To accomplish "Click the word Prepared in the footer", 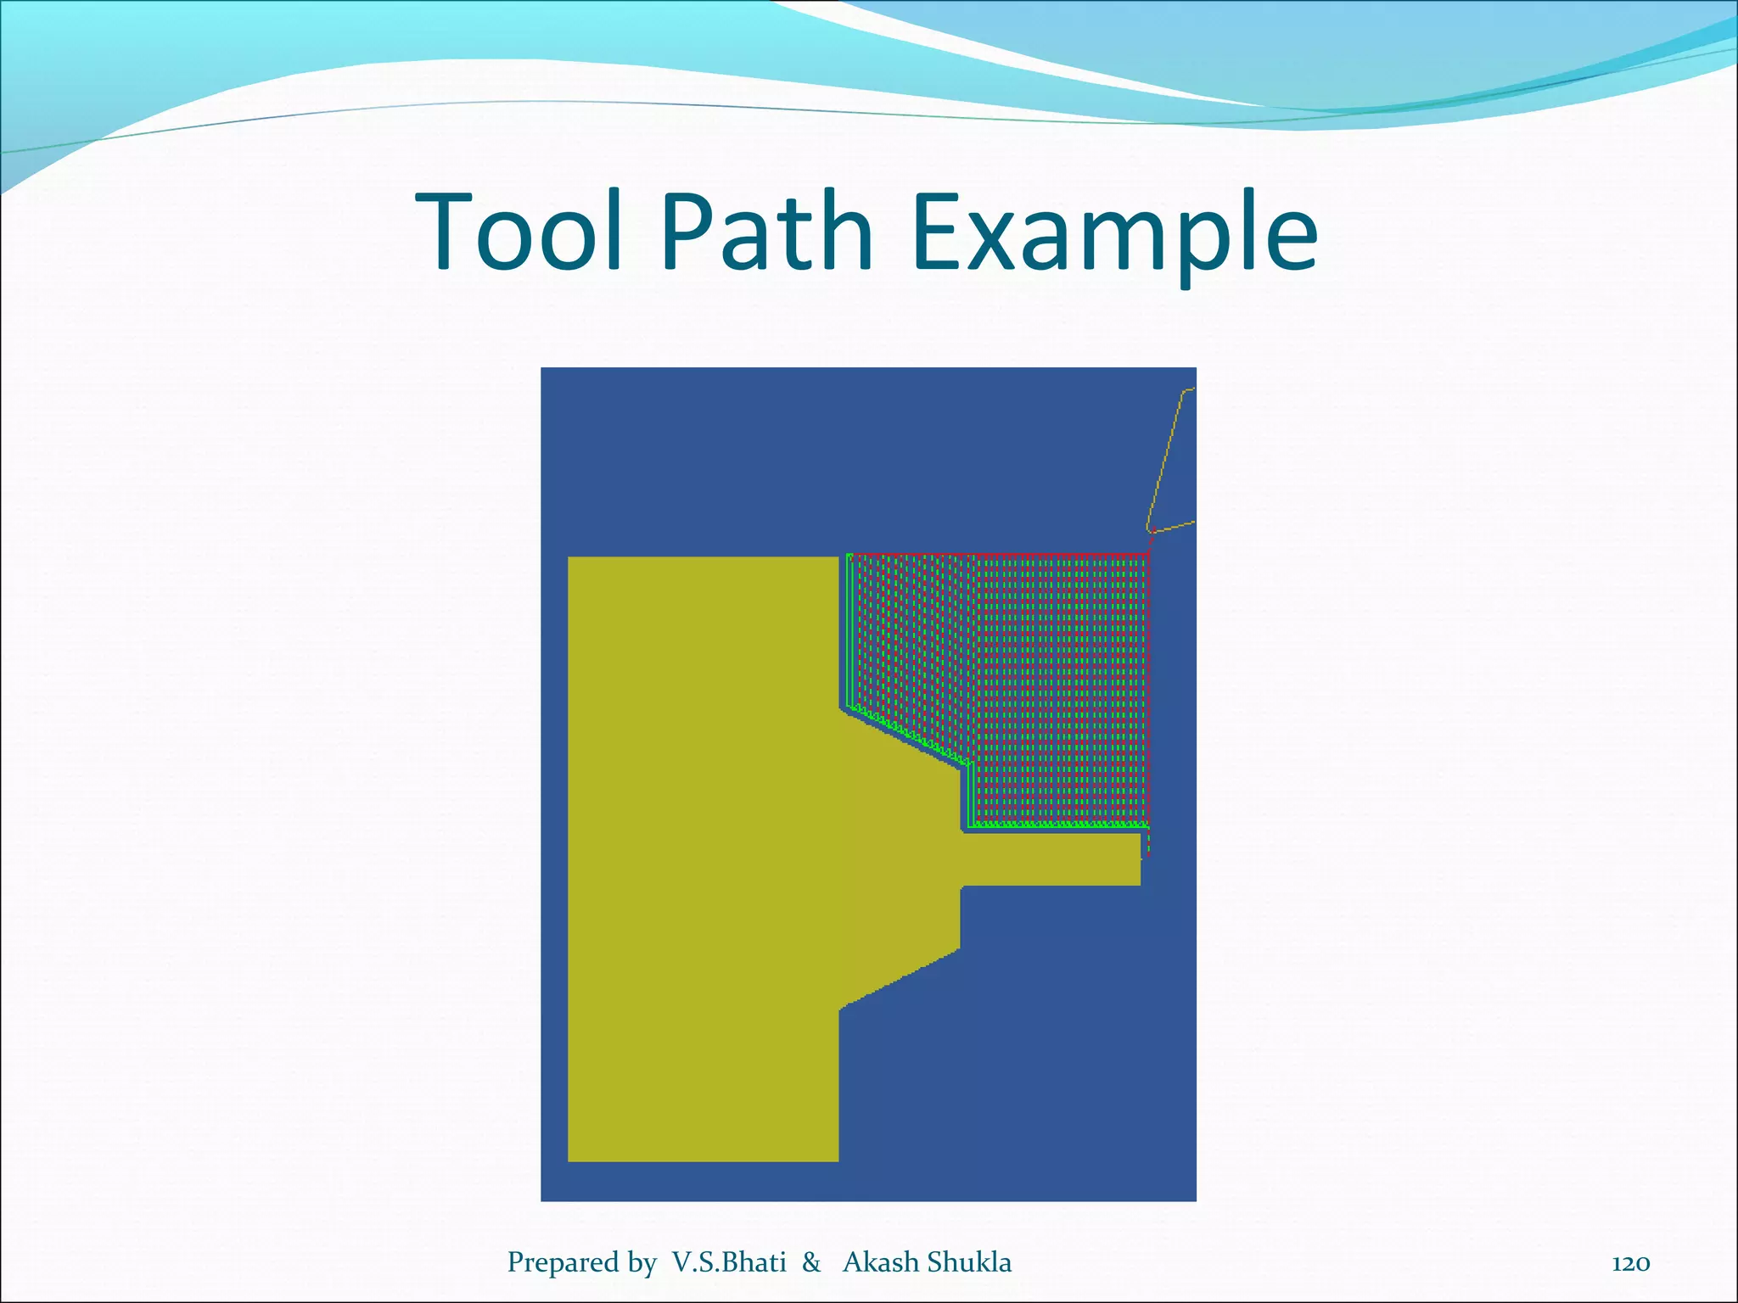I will click(559, 1262).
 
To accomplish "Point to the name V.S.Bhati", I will click(729, 1262).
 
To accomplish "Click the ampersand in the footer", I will click(812, 1262).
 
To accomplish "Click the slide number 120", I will click(1630, 1264).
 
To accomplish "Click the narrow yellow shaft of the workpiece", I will click(1052, 859).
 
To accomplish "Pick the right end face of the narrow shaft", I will click(1140, 859).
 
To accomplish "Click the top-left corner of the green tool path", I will click(849, 556).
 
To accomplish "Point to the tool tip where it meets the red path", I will click(1152, 532).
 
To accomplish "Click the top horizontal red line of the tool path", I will click(1001, 555).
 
